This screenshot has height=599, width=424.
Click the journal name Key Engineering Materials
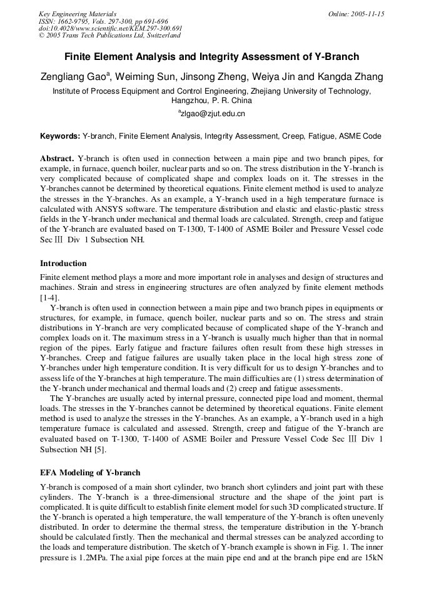pyautogui.click(x=77, y=14)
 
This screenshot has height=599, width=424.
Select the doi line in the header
pyautogui.click(x=110, y=28)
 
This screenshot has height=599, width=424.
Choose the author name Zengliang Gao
pyautogui.click(x=73, y=77)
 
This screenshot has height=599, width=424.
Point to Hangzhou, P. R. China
pyautogui.click(x=211, y=100)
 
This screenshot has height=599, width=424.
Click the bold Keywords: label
pyautogui.click(x=60, y=136)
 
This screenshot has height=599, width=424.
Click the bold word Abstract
pyautogui.click(x=57, y=159)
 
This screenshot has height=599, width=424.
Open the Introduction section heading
pyautogui.click(x=63, y=263)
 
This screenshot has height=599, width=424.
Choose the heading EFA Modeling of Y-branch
pyautogui.click(x=90, y=472)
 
